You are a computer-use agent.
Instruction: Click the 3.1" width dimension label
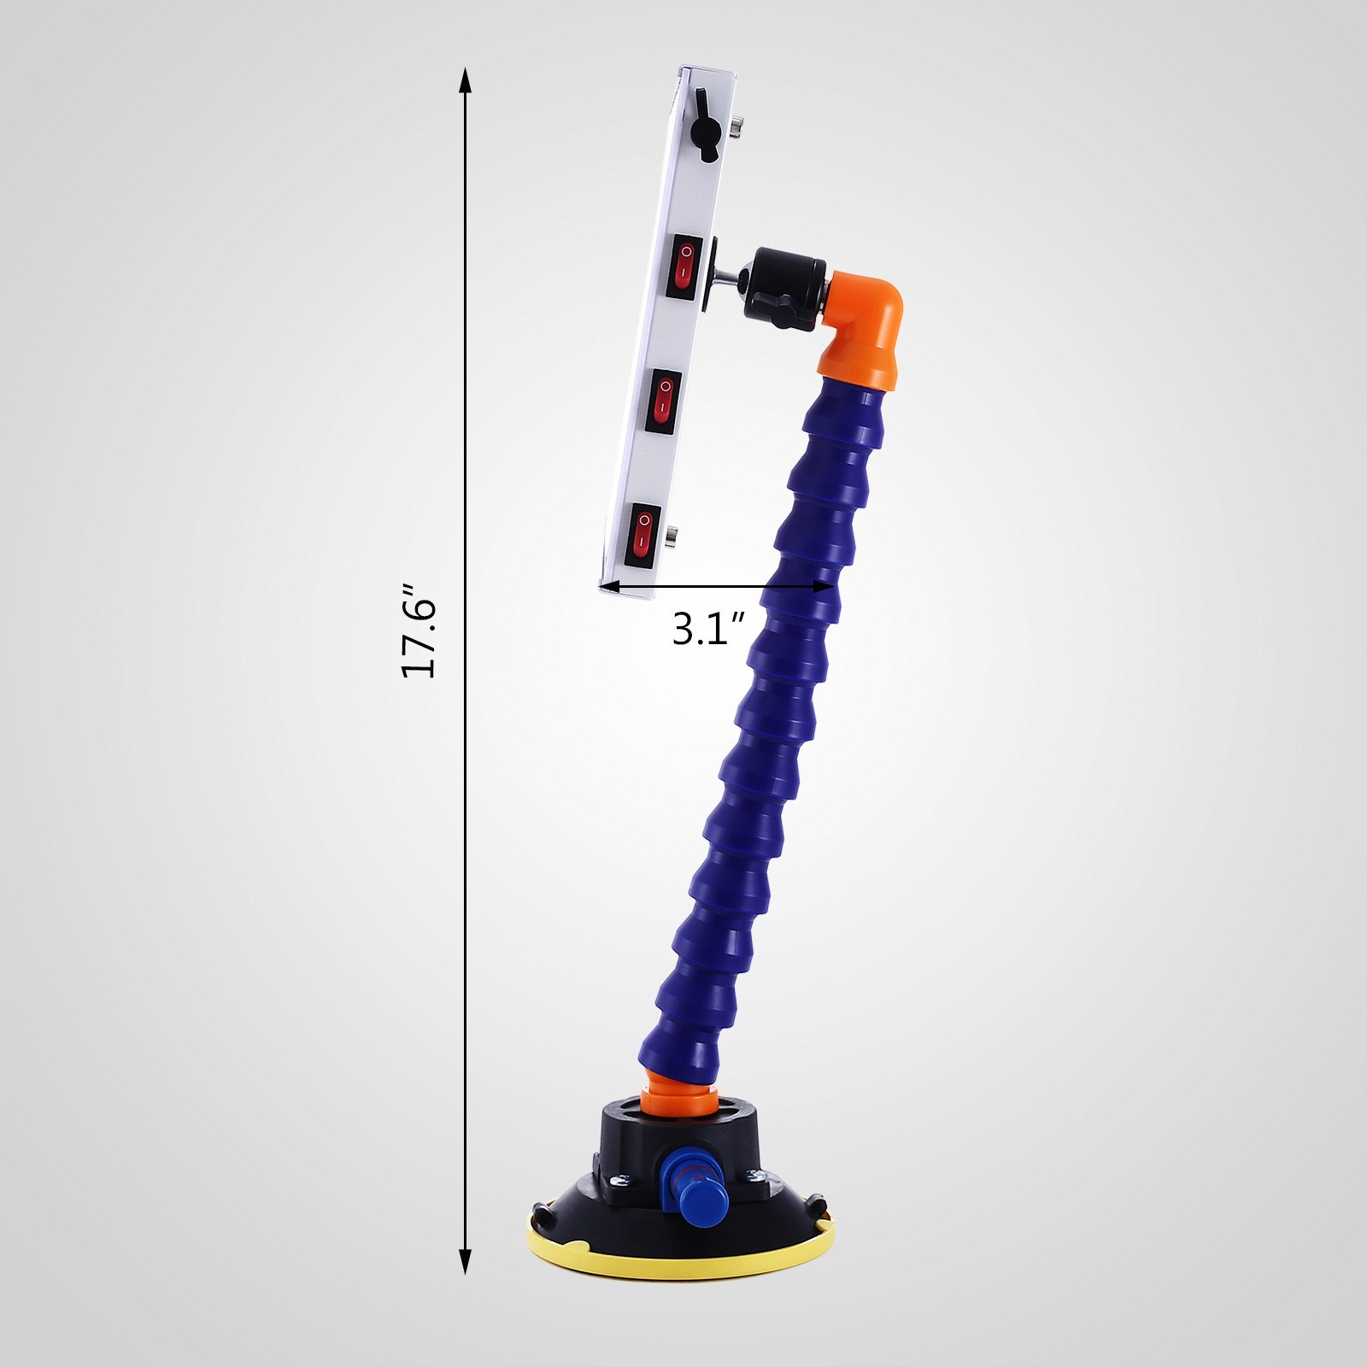point(708,629)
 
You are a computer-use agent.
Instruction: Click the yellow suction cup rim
point(679,1264)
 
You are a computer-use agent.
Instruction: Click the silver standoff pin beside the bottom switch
point(671,537)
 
